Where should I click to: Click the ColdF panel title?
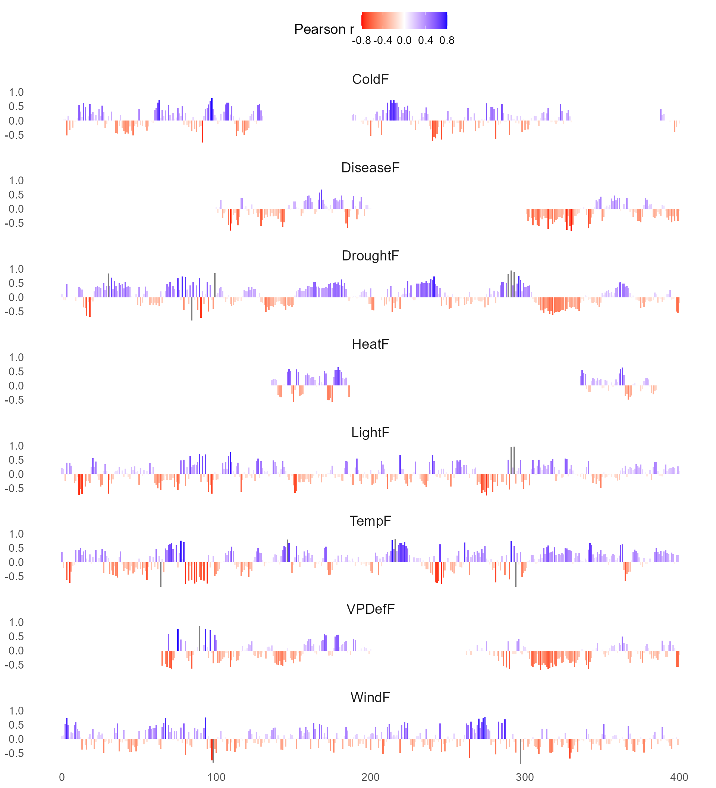point(370,79)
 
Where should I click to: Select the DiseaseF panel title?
point(370,168)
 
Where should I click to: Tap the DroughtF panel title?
point(370,256)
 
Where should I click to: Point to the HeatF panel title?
point(370,344)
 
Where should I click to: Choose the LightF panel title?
point(370,432)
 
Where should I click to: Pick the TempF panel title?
point(370,520)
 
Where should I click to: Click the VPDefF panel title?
point(370,609)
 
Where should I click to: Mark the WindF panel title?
point(370,697)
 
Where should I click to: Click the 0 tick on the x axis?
point(62,777)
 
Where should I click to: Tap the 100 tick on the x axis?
point(216,777)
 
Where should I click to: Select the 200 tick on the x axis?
point(370,777)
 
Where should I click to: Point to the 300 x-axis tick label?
point(525,777)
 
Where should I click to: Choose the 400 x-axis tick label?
point(679,777)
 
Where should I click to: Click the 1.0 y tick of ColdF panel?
point(16,92)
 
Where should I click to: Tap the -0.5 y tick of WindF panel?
point(14,753)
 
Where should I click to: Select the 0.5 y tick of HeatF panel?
point(16,372)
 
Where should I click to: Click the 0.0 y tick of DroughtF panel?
point(16,297)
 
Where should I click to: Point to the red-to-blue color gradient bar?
point(404,20)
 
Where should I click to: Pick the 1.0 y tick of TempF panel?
point(16,534)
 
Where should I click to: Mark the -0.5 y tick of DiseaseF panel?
point(14,223)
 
